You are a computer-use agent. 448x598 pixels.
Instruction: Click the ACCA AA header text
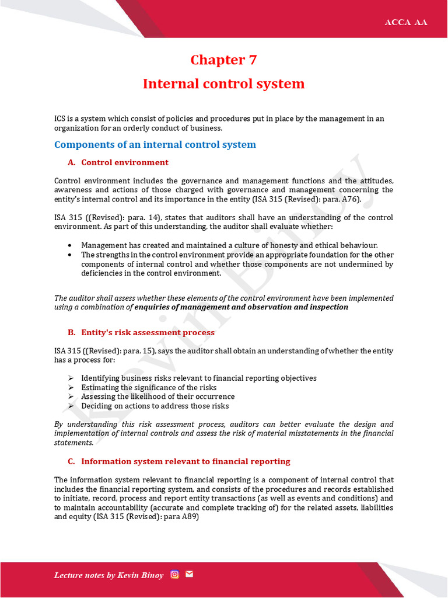[x=405, y=22]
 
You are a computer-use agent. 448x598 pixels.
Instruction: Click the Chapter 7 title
[x=223, y=60]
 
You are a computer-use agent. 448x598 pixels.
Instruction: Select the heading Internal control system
[x=223, y=84]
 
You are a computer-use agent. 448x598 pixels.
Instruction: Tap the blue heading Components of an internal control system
[x=155, y=144]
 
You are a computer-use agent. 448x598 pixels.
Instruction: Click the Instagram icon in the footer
[x=174, y=574]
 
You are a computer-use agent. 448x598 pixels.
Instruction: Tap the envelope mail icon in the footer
[x=189, y=574]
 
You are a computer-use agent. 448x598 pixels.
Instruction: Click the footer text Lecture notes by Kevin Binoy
[x=109, y=575]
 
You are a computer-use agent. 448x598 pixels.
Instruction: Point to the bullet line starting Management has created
[x=229, y=245]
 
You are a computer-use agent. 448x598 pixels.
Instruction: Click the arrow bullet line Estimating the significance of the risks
[x=149, y=387]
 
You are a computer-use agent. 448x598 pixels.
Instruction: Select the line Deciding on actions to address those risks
[x=155, y=406]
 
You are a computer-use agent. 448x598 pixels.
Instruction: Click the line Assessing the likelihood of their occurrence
[x=157, y=397]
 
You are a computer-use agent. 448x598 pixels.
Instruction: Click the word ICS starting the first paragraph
[x=61, y=119]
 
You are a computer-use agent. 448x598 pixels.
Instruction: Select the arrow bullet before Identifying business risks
[x=71, y=378]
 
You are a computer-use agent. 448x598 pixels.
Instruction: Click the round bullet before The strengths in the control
[x=71, y=255]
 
